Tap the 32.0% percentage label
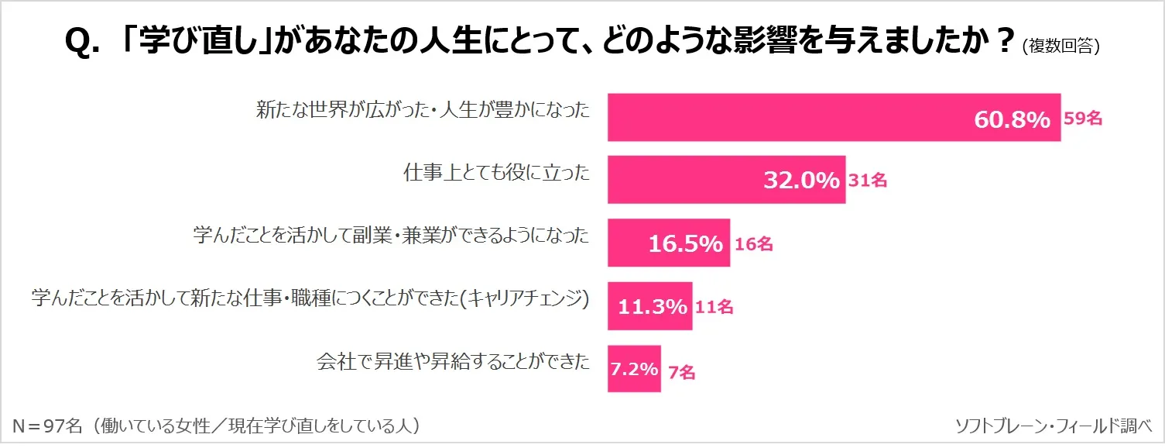click(x=801, y=181)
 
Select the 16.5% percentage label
click(x=685, y=243)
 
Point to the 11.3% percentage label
click(x=652, y=306)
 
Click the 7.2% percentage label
click(x=634, y=369)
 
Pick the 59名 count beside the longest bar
click(x=1082, y=119)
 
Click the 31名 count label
click(x=867, y=181)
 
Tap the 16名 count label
click(x=753, y=244)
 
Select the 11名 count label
click(x=714, y=307)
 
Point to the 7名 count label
click(x=681, y=373)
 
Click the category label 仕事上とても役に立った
click(x=496, y=173)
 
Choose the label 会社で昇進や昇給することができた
click(x=453, y=361)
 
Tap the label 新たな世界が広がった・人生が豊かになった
click(x=423, y=111)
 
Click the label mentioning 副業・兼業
click(x=391, y=236)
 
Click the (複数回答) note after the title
click(x=1060, y=47)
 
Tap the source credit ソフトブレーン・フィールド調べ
click(x=1054, y=426)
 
